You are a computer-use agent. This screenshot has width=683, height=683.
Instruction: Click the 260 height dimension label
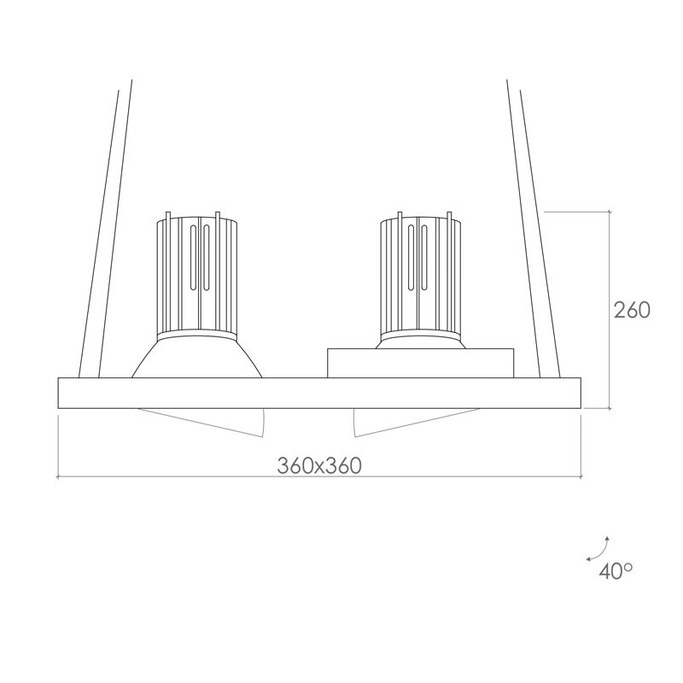click(632, 310)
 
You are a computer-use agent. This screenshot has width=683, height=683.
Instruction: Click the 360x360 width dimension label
click(319, 465)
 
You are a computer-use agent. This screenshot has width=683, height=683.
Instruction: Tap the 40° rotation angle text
click(616, 571)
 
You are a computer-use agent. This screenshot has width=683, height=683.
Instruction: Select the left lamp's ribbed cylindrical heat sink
click(197, 274)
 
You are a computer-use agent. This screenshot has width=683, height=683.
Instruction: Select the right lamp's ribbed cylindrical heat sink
click(420, 274)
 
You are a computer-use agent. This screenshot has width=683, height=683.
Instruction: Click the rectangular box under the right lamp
click(420, 364)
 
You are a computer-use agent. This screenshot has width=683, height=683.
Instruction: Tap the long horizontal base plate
click(319, 393)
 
